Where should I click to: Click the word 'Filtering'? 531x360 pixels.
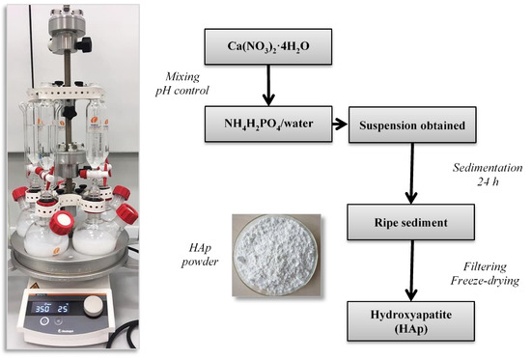[x=492, y=266]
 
